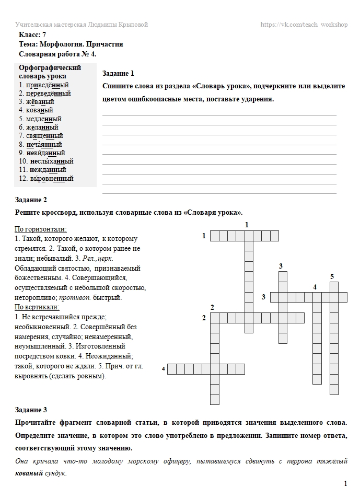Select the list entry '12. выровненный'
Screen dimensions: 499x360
(x=46, y=178)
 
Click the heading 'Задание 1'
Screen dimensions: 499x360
(x=119, y=73)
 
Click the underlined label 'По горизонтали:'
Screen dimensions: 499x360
(x=40, y=229)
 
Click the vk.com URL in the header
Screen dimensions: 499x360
(x=304, y=25)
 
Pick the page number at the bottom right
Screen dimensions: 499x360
(x=345, y=484)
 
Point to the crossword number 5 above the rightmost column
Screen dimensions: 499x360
(x=332, y=276)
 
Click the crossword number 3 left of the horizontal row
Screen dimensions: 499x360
(x=264, y=297)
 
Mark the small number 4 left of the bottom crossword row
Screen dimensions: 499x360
(x=164, y=369)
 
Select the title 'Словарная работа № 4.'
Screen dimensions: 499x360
(x=57, y=54)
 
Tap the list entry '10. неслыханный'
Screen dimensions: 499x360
(x=46, y=161)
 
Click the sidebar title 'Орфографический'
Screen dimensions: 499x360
(x=50, y=68)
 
